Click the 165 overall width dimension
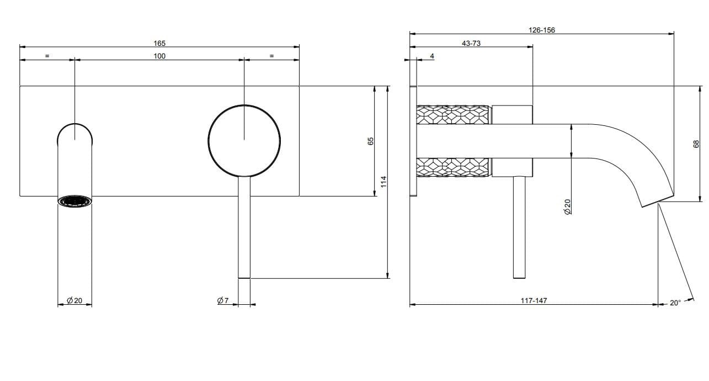point(159,43)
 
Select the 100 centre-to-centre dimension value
point(159,56)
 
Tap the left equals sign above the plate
point(47,56)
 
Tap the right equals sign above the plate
point(271,56)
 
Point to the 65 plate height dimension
point(371,141)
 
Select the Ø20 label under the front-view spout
point(74,300)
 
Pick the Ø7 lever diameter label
point(223,300)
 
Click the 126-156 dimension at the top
point(541,30)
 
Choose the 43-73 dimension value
point(471,43)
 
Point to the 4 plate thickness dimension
point(432,56)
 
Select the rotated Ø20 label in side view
point(567,207)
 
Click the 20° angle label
point(675,303)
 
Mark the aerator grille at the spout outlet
point(75,201)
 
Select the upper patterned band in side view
point(453,114)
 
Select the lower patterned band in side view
point(453,167)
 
